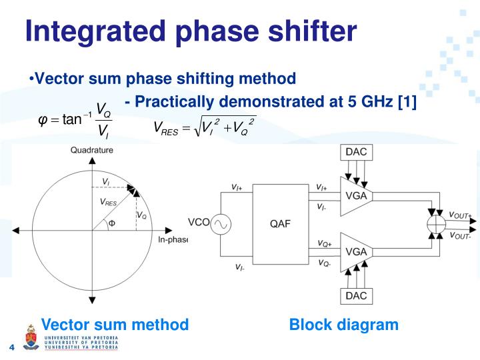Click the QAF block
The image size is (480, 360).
279,224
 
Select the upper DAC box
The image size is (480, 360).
356,153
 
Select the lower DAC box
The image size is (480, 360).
356,295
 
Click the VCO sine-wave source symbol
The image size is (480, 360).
220,225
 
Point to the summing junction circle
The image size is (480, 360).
435,225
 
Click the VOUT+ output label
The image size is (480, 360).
460,215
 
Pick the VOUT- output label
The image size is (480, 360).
460,235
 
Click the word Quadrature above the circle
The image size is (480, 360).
92,151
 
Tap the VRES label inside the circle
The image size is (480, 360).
107,202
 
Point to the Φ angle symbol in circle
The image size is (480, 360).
111,223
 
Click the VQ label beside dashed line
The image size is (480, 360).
141,215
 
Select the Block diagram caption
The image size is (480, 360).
343,325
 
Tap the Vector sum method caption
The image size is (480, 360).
115,325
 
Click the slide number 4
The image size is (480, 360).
11,347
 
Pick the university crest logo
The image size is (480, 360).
31,337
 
